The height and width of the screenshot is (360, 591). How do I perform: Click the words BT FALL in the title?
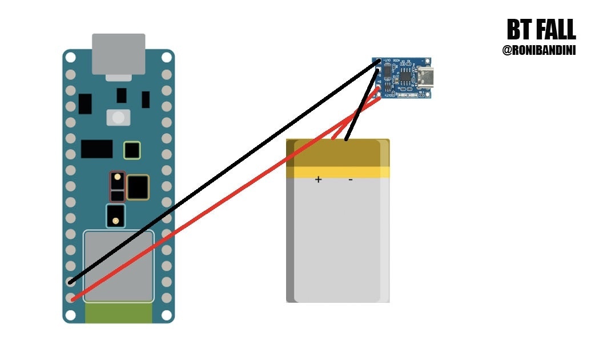541,30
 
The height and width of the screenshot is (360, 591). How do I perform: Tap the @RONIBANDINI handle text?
538,51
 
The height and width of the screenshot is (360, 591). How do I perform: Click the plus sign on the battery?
318,180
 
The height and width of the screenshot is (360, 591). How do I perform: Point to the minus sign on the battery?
350,180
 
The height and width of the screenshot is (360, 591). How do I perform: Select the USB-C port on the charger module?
425,76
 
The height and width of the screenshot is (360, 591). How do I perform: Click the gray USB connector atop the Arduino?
118,54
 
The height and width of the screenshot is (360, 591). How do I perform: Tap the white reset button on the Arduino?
118,118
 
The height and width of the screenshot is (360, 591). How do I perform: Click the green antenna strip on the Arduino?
118,313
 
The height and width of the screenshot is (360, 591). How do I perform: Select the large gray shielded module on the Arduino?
118,266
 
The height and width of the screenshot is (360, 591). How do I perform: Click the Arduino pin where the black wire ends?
71,282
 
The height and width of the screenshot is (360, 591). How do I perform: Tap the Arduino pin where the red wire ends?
71,298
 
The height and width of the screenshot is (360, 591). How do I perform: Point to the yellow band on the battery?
338,171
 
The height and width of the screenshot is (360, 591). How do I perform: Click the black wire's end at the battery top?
347,139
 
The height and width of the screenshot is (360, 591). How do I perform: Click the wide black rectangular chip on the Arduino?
97,149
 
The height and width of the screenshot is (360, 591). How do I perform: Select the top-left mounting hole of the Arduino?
70,57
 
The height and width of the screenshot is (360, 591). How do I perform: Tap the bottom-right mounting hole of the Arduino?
166,315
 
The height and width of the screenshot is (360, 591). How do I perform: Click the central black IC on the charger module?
404,77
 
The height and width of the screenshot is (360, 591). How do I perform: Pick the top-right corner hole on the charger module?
428,60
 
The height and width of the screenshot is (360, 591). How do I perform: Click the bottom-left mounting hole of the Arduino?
70,315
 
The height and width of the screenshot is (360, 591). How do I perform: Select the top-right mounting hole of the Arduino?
166,57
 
